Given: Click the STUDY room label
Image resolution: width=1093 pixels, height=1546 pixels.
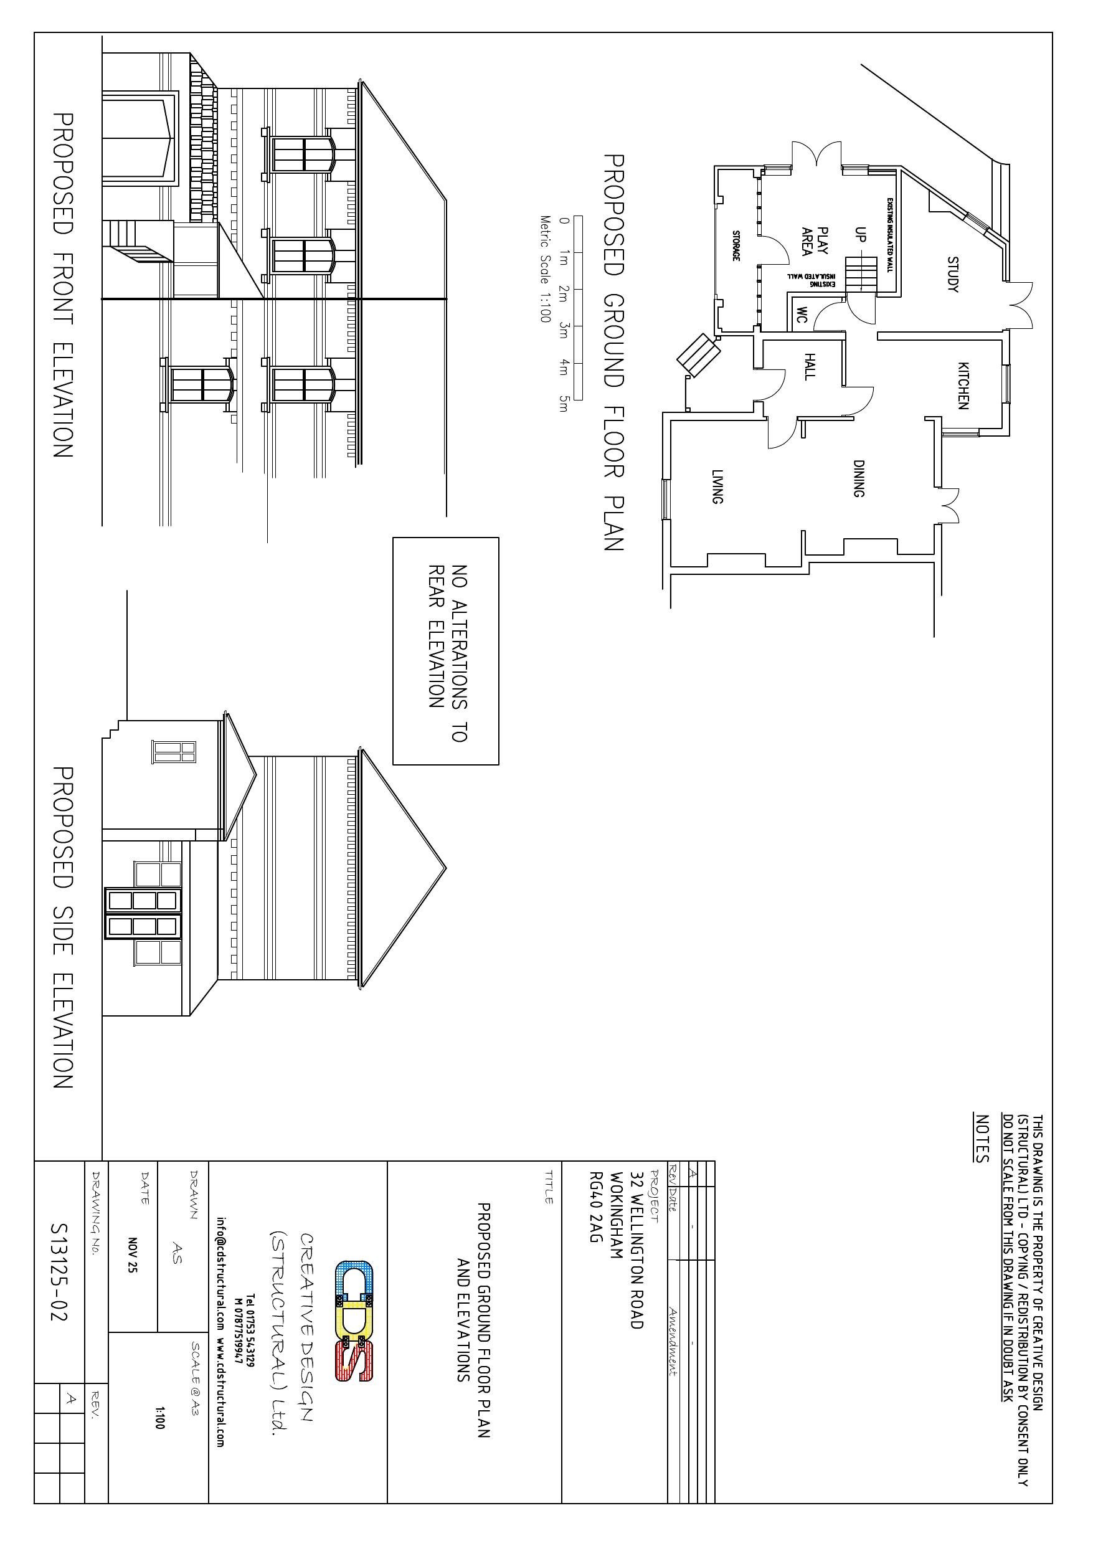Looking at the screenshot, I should tap(952, 274).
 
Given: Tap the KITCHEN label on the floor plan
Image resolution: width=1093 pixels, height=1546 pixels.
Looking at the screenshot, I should tap(963, 386).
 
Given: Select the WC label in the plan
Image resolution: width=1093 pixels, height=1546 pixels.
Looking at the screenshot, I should tap(802, 315).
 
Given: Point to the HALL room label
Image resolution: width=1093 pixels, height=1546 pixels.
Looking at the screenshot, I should tap(810, 366).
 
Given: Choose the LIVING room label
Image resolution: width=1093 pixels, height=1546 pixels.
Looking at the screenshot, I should tap(717, 487).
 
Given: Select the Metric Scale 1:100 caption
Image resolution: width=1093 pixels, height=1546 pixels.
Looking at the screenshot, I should tap(545, 268).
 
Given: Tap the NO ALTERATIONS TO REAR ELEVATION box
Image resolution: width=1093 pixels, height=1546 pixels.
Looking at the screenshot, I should tap(446, 651).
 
